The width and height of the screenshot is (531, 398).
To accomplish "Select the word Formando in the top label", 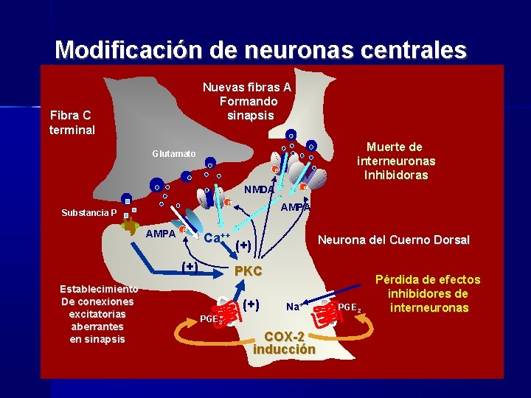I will [x=248, y=101].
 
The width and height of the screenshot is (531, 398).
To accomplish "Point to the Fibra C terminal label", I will [x=72, y=122].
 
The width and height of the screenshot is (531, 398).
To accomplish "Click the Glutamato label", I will [x=174, y=153].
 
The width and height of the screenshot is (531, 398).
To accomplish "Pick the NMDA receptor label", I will [x=260, y=189].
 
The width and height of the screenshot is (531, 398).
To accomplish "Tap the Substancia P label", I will [x=88, y=214].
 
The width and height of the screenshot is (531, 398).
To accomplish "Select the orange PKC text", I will [x=248, y=271].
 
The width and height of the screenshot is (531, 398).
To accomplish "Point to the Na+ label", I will [x=294, y=306].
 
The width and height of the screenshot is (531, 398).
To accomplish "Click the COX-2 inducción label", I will [x=284, y=342].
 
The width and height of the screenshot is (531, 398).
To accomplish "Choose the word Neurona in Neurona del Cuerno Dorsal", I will [x=341, y=240].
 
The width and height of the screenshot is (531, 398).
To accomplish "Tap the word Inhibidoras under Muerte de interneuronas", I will [x=395, y=175].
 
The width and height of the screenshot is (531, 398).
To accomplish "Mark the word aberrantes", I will [x=97, y=327].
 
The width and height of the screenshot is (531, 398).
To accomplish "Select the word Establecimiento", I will [x=98, y=289].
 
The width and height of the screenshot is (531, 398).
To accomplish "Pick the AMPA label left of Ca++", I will [x=160, y=234].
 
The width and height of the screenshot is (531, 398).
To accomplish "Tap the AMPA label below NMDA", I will [x=296, y=208].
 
